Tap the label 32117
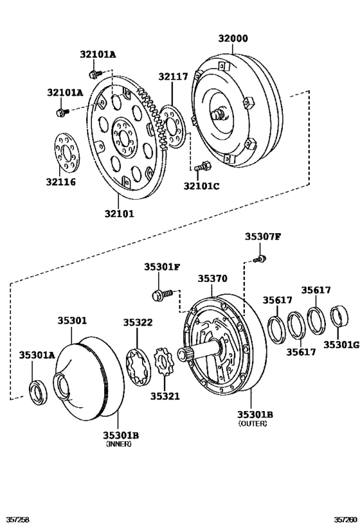[x=173, y=76]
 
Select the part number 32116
[x=60, y=182]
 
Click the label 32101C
[x=201, y=186]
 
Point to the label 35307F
[x=262, y=236]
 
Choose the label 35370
[x=212, y=279]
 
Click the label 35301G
[x=341, y=344]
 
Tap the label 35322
[x=138, y=322]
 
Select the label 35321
[x=166, y=397]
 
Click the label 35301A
[x=37, y=354]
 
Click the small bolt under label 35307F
[x=260, y=259]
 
